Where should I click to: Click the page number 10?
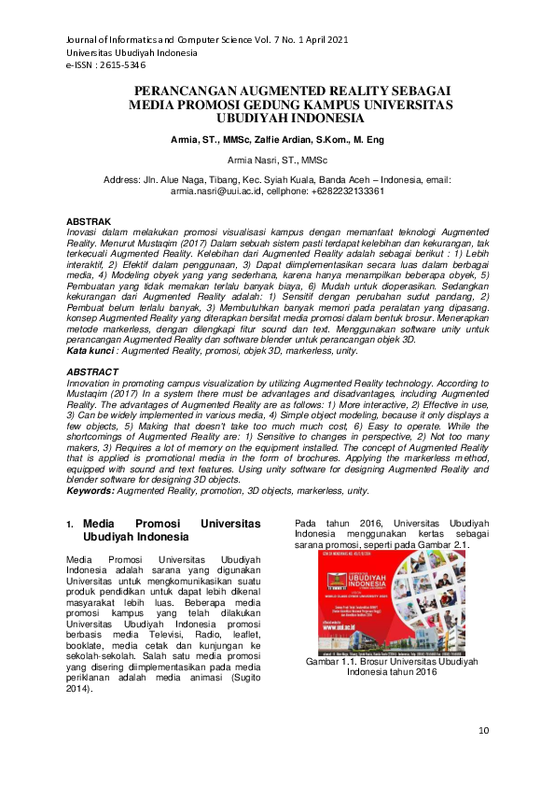[482, 730]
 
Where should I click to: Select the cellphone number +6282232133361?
[348, 189]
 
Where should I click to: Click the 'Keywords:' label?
[92, 490]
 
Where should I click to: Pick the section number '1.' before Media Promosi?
[70, 525]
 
